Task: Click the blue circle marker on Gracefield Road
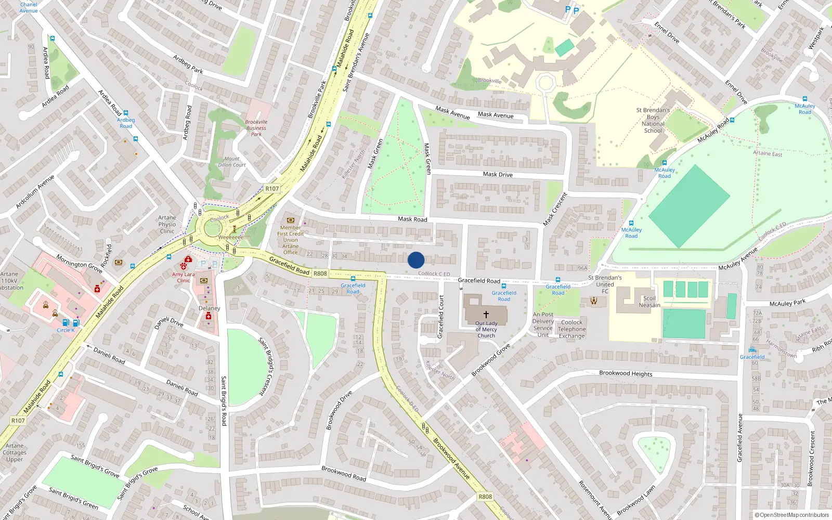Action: click(x=416, y=260)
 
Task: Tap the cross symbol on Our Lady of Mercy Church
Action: click(x=486, y=315)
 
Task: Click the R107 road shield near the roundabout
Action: click(x=272, y=189)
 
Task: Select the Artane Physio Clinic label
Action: click(x=167, y=225)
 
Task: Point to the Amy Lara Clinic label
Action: click(x=184, y=277)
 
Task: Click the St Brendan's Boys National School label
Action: click(x=653, y=121)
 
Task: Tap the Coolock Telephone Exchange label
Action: click(x=571, y=329)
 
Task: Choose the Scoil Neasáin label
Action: click(x=649, y=302)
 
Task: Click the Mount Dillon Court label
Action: click(x=232, y=162)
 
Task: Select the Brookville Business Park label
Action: click(x=256, y=128)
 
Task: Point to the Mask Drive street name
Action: click(x=498, y=174)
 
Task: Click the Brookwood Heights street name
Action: click(x=626, y=373)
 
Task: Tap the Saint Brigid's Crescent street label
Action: click(x=269, y=366)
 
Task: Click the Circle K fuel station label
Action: click(x=66, y=330)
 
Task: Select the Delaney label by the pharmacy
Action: click(x=210, y=308)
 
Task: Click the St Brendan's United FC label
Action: click(x=605, y=284)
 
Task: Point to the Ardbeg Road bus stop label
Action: click(x=126, y=123)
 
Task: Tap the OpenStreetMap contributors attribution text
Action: click(x=792, y=515)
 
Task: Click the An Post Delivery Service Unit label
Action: click(x=543, y=324)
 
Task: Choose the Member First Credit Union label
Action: click(x=290, y=240)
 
